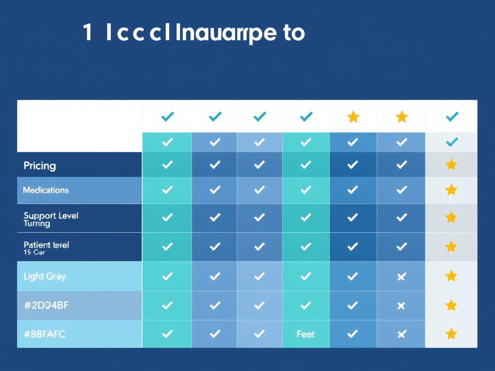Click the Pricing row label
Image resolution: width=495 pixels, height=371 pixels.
click(x=40, y=166)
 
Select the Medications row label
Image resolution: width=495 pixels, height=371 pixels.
click(x=46, y=190)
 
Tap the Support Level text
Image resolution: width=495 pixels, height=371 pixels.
click(x=51, y=215)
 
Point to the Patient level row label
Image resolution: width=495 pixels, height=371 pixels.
click(x=46, y=245)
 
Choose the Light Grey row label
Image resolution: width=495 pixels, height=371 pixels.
click(x=45, y=276)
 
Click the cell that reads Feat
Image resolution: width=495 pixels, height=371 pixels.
click(x=306, y=334)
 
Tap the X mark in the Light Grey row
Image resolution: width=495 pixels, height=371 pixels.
click(x=401, y=276)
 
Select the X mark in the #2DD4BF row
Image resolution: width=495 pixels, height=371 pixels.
click(x=401, y=305)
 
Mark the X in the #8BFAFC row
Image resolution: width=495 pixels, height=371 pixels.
click(x=401, y=334)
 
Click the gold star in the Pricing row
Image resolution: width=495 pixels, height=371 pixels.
click(x=451, y=165)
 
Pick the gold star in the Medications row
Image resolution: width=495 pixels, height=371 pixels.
click(x=451, y=190)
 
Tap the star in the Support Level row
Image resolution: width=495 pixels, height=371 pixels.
click(x=451, y=217)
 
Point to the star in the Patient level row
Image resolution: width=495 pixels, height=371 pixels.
click(x=451, y=247)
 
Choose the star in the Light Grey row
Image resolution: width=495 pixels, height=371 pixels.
click(x=451, y=276)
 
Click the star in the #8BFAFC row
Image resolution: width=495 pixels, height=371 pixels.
click(x=451, y=334)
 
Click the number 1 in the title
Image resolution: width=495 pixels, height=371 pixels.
click(x=87, y=33)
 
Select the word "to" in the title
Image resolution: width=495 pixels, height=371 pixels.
click(x=294, y=33)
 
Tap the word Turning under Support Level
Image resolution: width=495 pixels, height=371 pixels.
click(x=37, y=224)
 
